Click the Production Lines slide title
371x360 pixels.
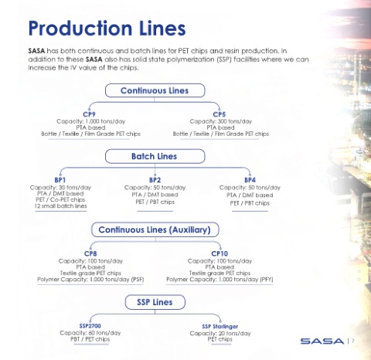coord(107,29)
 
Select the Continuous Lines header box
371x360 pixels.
coord(155,90)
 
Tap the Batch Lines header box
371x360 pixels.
coord(155,156)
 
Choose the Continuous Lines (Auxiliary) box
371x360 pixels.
coord(155,229)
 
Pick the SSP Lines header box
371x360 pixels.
coord(155,302)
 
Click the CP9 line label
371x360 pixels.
coord(89,114)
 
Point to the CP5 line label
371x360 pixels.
coord(220,114)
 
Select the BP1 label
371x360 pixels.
coord(60,180)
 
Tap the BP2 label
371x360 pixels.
coord(155,180)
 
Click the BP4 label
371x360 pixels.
coord(250,180)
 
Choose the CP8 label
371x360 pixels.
coord(90,253)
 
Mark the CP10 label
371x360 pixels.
coord(220,253)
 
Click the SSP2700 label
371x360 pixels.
coord(90,326)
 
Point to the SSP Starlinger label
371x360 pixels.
coord(220,326)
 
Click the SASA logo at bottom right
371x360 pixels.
coord(322,341)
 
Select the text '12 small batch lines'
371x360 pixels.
coord(60,206)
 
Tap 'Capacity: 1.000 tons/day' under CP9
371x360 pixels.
coord(90,121)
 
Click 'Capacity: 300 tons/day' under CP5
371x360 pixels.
coord(221,121)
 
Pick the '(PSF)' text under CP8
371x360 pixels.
coord(138,280)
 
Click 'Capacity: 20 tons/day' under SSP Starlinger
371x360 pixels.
coord(220,334)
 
